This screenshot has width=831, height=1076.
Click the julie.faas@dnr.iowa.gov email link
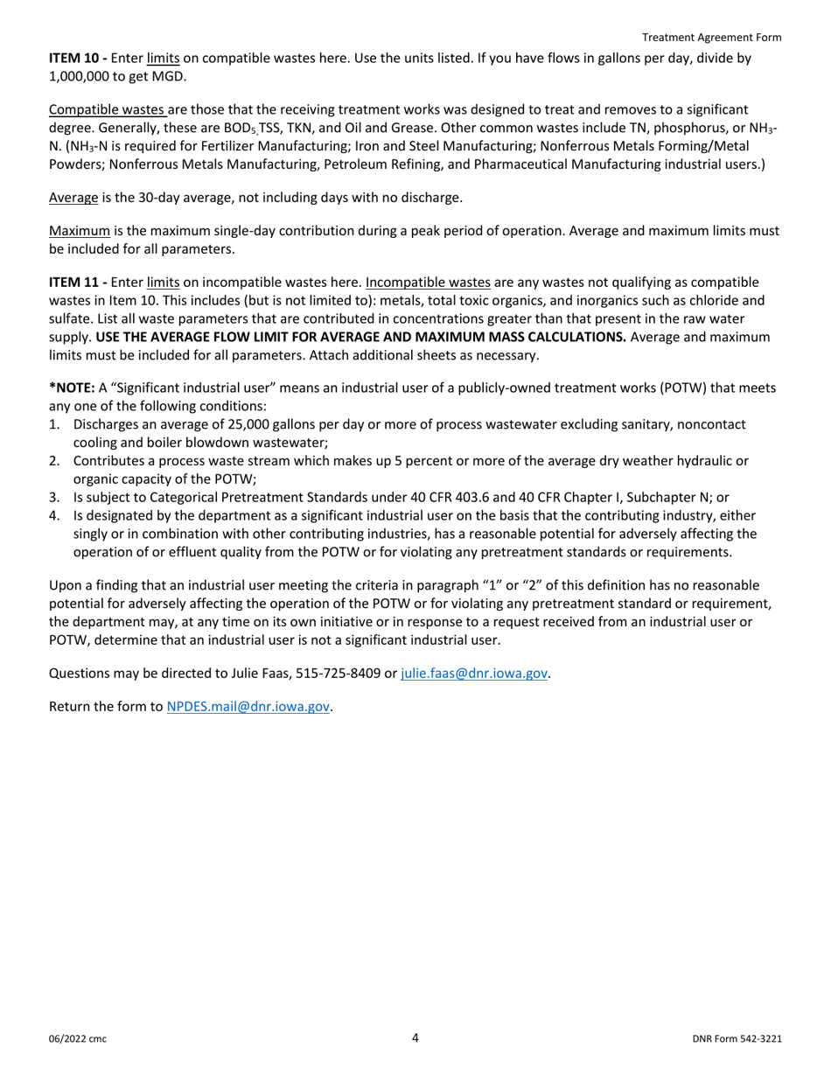pyautogui.click(x=474, y=674)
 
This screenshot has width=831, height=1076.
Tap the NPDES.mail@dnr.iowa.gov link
pyautogui.click(x=248, y=707)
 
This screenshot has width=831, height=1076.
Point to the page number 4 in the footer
pyautogui.click(x=415, y=1038)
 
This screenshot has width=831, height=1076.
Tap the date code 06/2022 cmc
pyautogui.click(x=78, y=1039)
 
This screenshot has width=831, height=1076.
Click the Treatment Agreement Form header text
pyautogui.click(x=711, y=38)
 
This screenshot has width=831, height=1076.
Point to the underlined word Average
pyautogui.click(x=73, y=198)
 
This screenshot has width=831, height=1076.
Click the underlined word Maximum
pyautogui.click(x=80, y=232)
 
